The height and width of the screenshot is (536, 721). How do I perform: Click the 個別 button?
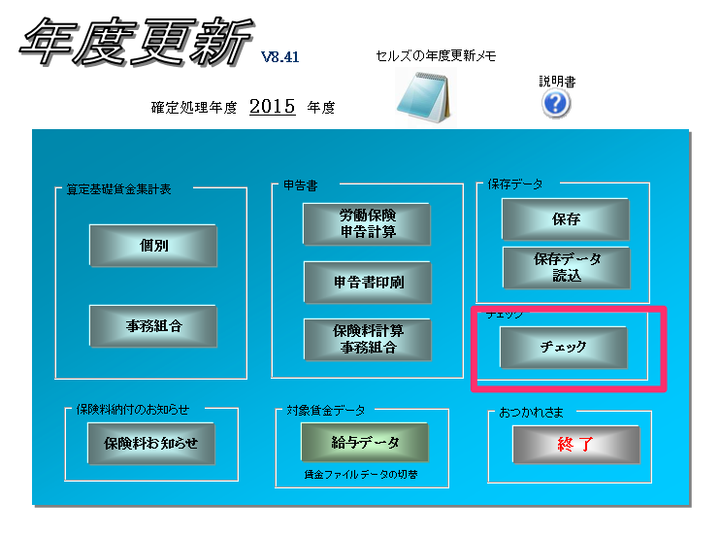click(x=153, y=246)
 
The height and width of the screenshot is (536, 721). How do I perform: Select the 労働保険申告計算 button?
click(x=367, y=224)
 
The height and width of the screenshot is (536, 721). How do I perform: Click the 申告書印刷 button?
click(x=368, y=283)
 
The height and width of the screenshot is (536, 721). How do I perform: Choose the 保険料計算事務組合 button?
click(x=368, y=340)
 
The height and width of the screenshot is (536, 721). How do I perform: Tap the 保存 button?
click(x=566, y=219)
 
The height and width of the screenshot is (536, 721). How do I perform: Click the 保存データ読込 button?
click(x=567, y=268)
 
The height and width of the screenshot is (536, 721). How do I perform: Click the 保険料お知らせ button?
click(x=151, y=444)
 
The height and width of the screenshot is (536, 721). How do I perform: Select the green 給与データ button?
click(x=365, y=443)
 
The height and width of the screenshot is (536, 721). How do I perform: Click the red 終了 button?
click(x=576, y=445)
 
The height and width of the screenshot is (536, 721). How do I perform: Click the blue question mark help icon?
click(x=556, y=104)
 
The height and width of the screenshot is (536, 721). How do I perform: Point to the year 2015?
click(x=273, y=107)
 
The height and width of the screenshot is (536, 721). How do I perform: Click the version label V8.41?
click(x=280, y=57)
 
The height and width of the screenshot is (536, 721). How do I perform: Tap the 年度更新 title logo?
click(x=136, y=42)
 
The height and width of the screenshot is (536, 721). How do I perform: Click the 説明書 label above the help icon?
click(x=557, y=82)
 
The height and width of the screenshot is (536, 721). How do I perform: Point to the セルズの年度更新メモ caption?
click(x=436, y=55)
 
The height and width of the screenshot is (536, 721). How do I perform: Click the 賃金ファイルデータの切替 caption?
click(x=361, y=475)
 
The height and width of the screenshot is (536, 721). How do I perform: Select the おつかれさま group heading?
click(x=531, y=413)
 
